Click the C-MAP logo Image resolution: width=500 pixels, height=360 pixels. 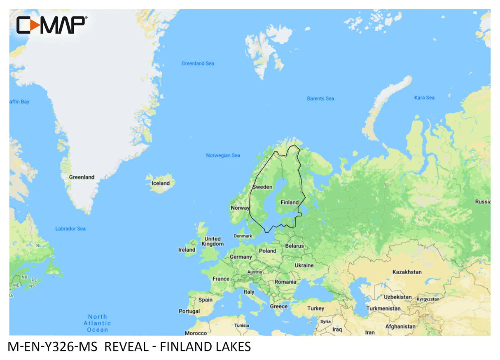click(x=51, y=25)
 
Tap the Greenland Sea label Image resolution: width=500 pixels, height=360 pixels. click(x=198, y=63)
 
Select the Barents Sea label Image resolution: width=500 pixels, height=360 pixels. click(x=320, y=98)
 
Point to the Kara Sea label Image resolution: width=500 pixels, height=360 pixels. click(x=424, y=98)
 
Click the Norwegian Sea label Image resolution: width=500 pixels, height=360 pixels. click(x=223, y=155)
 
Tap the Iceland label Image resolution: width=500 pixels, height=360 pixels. click(x=161, y=183)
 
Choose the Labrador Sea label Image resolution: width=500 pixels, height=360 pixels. click(x=70, y=229)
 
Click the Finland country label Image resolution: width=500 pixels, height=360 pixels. click(x=290, y=202)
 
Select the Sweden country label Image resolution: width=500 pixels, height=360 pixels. click(x=262, y=187)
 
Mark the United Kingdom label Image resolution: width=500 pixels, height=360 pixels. click(x=213, y=241)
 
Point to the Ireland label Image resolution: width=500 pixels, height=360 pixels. click(x=187, y=250)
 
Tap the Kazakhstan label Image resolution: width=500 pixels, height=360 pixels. click(x=407, y=272)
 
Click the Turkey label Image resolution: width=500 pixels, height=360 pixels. click(x=316, y=308)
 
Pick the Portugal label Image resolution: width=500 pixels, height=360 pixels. click(x=189, y=311)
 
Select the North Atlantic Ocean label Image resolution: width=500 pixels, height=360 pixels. click(x=97, y=323)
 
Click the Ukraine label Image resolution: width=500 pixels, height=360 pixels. click(x=304, y=265)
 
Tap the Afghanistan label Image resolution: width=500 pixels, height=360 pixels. click(x=400, y=327)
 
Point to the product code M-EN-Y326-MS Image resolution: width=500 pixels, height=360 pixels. click(x=52, y=347)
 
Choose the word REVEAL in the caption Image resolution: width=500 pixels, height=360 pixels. click(x=126, y=347)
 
